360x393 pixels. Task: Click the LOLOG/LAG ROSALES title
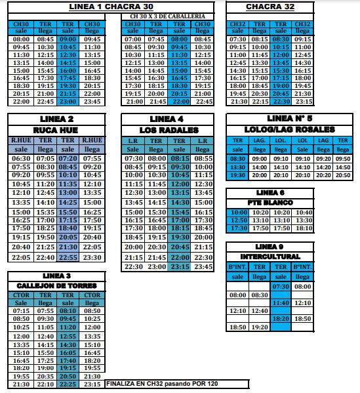coord(289,130)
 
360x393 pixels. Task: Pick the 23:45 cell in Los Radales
coord(203,267)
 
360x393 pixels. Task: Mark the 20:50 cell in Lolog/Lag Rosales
coord(342,176)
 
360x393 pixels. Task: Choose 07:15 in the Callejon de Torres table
coord(21,310)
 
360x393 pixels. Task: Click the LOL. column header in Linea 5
coord(281,140)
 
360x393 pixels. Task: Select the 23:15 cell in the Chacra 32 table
coord(303,102)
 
